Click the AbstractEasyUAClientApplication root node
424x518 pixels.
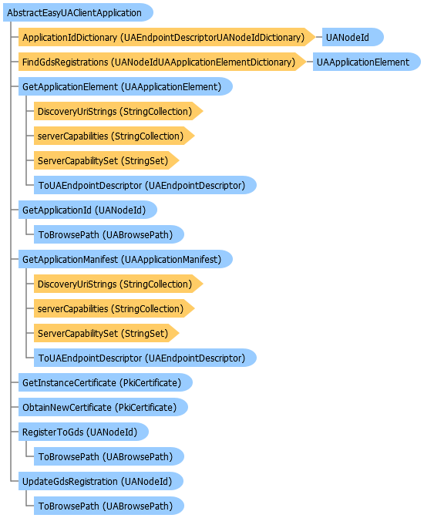coord(78,12)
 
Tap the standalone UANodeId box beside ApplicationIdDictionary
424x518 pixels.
coord(352,37)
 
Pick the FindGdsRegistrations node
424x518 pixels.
coord(162,62)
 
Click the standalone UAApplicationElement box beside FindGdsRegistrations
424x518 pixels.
coord(367,62)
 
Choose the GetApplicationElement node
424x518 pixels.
coord(126,86)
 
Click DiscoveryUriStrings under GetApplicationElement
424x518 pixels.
coord(118,111)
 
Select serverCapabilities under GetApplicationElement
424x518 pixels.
coord(114,136)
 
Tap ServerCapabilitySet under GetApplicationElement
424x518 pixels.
coord(106,160)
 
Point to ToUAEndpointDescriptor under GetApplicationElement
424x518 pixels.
coord(145,185)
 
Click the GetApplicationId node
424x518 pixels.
coord(88,210)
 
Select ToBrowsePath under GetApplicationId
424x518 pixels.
coord(109,234)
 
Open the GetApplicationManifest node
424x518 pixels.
coord(126,259)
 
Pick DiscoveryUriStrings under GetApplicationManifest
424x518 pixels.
coord(118,284)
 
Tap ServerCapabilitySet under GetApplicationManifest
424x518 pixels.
coord(106,333)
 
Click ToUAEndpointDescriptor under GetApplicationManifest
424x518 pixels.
coord(145,358)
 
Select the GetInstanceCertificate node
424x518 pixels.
coord(106,382)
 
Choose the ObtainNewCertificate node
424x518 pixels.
coord(103,407)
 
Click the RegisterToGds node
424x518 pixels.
coord(83,432)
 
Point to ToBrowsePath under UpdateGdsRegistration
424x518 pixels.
coord(109,506)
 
